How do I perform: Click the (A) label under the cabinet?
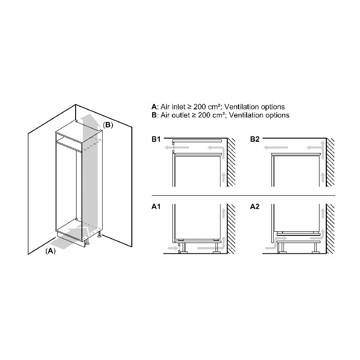click(50, 251)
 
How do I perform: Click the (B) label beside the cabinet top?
click(108, 125)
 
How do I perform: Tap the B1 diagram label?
click(156, 139)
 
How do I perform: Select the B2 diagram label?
click(255, 139)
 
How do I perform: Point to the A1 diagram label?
click(156, 207)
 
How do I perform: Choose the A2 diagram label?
click(255, 207)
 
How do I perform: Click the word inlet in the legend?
click(178, 107)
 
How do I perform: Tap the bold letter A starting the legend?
click(154, 107)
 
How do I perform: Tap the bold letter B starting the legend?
click(154, 115)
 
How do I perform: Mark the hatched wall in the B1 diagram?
click(231, 162)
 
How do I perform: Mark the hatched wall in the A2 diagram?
click(330, 229)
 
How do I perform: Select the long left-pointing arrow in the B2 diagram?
click(275, 148)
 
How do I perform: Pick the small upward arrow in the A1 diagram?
click(223, 213)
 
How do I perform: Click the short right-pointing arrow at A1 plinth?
click(172, 248)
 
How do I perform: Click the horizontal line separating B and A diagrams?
click(243, 196)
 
